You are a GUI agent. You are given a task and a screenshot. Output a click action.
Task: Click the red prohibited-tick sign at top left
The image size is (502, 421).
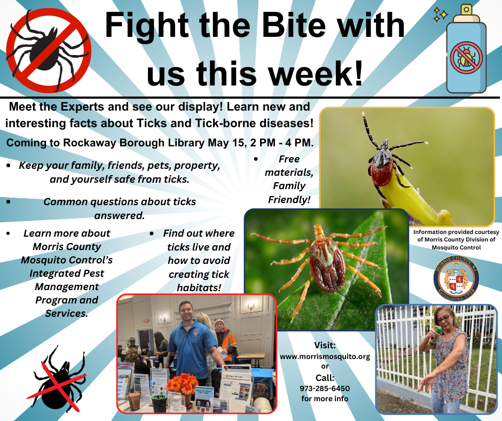[x=49, y=50]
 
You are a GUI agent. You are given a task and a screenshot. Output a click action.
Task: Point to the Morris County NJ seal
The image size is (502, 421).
[x=456, y=279]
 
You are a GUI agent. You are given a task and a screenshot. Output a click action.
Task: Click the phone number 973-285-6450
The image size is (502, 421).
[x=325, y=388]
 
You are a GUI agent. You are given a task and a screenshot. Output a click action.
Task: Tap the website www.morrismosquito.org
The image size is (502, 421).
[x=325, y=356]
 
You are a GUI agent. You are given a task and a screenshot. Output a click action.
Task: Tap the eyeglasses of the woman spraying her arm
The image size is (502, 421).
[x=443, y=319]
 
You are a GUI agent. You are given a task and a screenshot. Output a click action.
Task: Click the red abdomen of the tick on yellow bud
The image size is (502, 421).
[x=382, y=173]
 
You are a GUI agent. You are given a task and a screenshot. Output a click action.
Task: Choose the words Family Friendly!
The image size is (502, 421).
[x=289, y=192]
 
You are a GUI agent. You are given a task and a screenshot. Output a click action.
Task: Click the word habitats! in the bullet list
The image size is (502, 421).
[x=199, y=287]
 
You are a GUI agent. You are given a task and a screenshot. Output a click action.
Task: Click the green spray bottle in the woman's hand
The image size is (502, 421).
[x=434, y=335]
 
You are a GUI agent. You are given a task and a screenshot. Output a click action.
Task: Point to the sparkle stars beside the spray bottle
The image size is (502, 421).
[x=441, y=15]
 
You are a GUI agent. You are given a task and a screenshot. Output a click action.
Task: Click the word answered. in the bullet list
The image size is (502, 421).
[x=120, y=216]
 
